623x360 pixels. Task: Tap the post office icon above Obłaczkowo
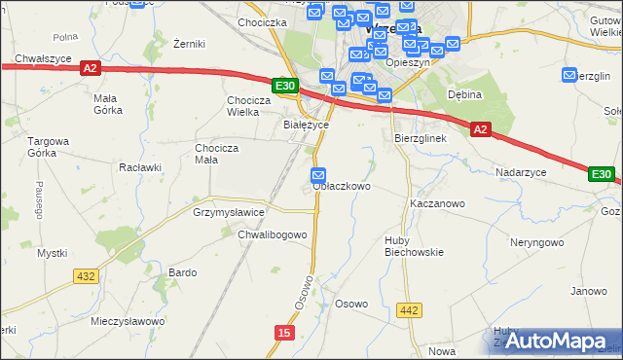[x=319, y=175]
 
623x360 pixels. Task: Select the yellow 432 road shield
[x=86, y=276]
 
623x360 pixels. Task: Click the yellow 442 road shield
[x=410, y=310]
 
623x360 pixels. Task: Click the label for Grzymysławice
[x=229, y=211]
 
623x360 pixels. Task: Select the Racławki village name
[x=139, y=166]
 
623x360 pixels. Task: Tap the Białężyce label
[x=306, y=125]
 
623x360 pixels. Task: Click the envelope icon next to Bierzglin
[x=570, y=75]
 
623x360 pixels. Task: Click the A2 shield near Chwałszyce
[x=91, y=68]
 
